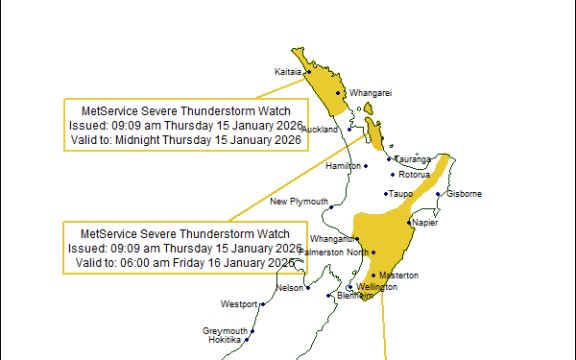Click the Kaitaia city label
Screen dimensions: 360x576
click(x=288, y=71)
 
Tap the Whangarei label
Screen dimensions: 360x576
click(x=369, y=93)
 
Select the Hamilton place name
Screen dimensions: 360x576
click(x=343, y=165)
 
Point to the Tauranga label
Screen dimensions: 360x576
click(x=414, y=159)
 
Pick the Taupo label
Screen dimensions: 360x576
click(x=401, y=194)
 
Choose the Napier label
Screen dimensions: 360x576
click(x=425, y=222)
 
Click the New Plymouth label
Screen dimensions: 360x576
click(x=299, y=202)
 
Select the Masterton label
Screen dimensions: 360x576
click(x=397, y=275)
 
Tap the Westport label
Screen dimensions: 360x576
click(x=239, y=303)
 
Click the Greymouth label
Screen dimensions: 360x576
click(x=225, y=331)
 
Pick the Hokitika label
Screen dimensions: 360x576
click(x=224, y=340)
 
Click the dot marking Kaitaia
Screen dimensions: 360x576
click(x=309, y=71)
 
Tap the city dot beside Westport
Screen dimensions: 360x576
click(x=262, y=303)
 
